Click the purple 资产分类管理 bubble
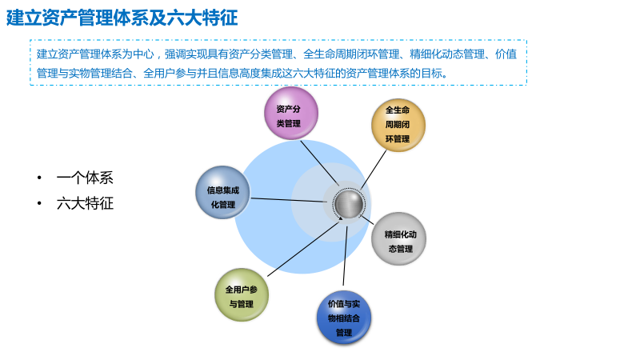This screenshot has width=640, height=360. pos(291,114)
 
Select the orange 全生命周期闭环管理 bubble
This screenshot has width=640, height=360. pos(398,125)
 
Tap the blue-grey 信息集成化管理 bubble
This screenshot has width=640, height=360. pos(222,193)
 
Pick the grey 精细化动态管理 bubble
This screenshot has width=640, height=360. pos(398,239)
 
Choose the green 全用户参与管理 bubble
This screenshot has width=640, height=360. pos(241,295)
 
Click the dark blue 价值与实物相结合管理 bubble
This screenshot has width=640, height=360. pos(344,318)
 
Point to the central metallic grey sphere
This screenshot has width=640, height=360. pos(349,204)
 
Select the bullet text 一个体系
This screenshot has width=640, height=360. pos(85,178)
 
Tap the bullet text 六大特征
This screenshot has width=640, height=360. pos(85,203)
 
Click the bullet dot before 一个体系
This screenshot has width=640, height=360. pos(38,178)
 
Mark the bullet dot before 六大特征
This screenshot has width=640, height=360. pos(38,203)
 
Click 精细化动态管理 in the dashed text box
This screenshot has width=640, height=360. pos(447,54)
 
